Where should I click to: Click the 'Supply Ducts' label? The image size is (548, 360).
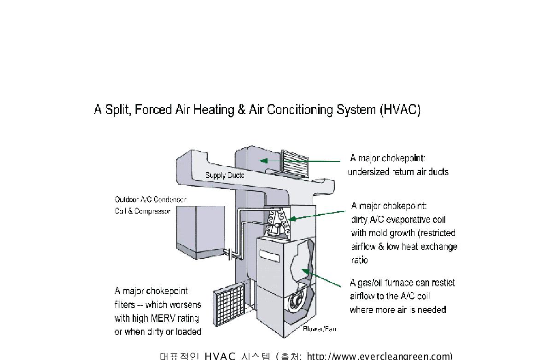[x=225, y=175]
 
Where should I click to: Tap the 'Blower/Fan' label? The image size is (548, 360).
[x=319, y=329]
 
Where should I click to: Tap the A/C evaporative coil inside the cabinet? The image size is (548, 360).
[x=276, y=222]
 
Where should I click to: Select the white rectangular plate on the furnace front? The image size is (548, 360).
[x=270, y=254]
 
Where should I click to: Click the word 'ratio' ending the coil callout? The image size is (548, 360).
[x=360, y=260]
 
